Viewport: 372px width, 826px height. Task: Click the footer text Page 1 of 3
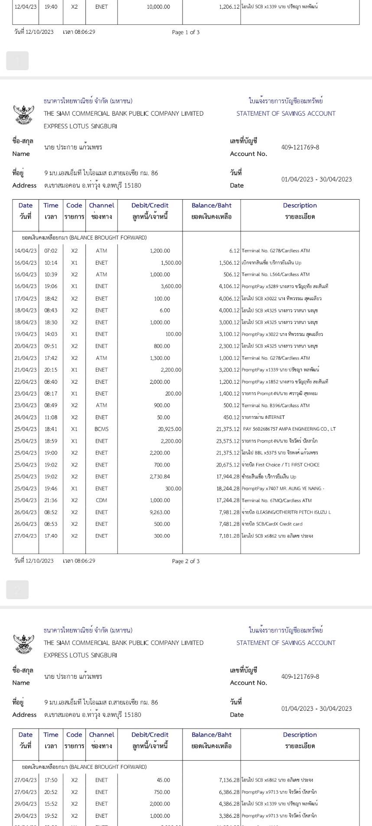tap(186, 32)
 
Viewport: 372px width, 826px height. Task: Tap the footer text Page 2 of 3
tap(186, 561)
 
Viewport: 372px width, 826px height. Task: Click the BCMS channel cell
tap(101, 429)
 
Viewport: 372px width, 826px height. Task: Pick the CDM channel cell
tap(101, 500)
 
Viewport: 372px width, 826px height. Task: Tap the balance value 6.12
tap(234, 251)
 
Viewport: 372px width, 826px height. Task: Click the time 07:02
tap(51, 251)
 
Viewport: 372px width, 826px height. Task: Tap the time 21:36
tap(51, 500)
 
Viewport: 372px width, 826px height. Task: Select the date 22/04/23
tap(26, 382)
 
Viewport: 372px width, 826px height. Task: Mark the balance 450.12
tap(231, 417)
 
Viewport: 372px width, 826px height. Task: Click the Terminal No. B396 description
tap(275, 405)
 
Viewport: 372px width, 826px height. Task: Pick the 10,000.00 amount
tap(158, 7)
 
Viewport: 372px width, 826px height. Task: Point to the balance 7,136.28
tap(229, 780)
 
